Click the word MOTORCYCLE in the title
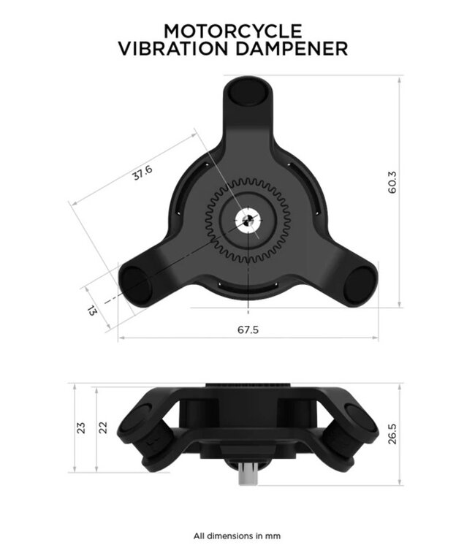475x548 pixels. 232,31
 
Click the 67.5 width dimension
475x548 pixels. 248,330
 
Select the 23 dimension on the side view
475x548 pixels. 81,426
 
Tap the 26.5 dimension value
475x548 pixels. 392,433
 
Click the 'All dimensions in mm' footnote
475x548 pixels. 237,536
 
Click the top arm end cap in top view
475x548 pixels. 248,93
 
